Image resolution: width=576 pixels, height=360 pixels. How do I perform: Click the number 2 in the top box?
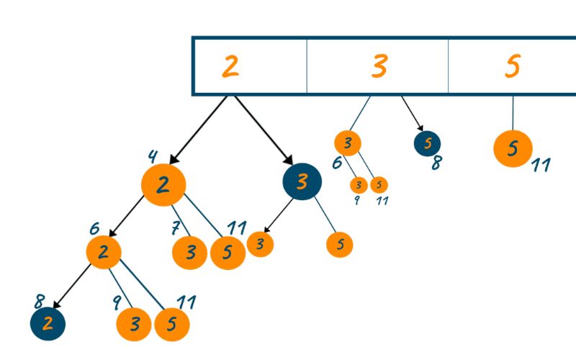[x=230, y=66]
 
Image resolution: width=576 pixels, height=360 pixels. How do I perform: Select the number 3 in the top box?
[x=379, y=66]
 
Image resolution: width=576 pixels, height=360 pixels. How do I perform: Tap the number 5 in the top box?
[x=512, y=66]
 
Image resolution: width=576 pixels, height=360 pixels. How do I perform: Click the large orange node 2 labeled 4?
[x=163, y=185]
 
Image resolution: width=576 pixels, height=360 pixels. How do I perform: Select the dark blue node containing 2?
[x=48, y=324]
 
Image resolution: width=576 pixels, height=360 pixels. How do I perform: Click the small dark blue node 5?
[x=428, y=143]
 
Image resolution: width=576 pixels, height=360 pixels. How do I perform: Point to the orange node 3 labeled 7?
[x=190, y=252]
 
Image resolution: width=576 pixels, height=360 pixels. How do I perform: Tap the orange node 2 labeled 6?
[x=103, y=251]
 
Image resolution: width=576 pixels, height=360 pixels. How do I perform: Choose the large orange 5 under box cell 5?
[x=513, y=148]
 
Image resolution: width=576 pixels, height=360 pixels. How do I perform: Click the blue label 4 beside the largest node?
[x=152, y=156]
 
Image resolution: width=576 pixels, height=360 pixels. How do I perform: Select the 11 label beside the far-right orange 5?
[x=541, y=166]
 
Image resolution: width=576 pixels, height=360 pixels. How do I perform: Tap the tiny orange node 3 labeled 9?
[x=359, y=185]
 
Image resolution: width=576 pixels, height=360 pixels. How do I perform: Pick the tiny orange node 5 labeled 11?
[x=379, y=185]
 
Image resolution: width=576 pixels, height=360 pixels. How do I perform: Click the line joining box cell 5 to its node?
[x=513, y=112]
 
